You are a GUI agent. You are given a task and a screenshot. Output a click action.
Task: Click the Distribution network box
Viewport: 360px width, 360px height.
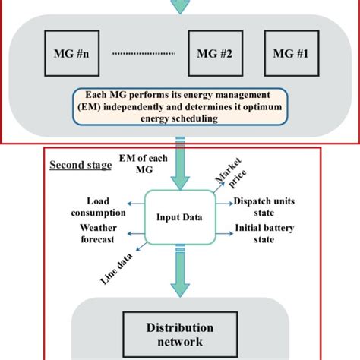click(179, 333)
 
